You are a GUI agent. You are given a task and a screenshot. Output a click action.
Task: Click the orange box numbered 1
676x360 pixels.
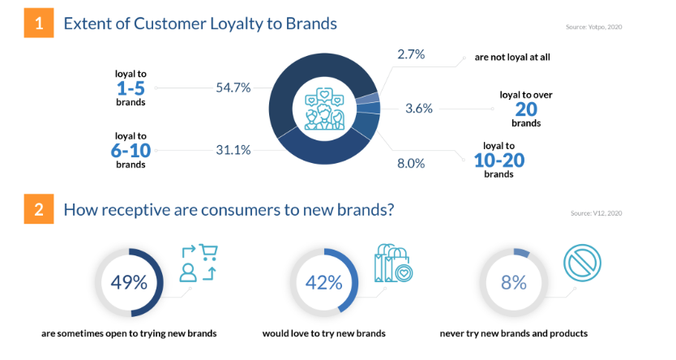(39, 23)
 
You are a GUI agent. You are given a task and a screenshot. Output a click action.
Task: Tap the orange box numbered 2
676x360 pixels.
(39, 209)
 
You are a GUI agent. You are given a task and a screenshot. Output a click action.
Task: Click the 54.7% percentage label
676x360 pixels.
(233, 88)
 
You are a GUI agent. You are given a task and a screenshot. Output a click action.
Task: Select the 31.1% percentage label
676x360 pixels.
(233, 150)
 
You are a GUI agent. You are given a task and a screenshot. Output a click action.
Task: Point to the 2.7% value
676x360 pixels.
(411, 54)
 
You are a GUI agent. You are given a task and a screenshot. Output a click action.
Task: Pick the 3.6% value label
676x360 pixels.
(418, 108)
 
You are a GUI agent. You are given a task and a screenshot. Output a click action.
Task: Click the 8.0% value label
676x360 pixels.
(411, 164)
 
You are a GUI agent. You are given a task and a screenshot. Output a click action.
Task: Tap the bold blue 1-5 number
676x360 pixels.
(130, 88)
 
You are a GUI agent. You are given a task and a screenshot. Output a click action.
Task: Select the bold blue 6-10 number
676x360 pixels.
(130, 151)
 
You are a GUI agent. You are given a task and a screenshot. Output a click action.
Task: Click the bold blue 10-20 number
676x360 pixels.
(499, 161)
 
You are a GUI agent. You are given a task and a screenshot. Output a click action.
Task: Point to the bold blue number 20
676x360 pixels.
(526, 109)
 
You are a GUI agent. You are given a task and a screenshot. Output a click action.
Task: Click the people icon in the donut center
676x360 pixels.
(325, 109)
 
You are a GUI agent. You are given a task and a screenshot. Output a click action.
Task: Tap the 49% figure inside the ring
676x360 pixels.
(129, 283)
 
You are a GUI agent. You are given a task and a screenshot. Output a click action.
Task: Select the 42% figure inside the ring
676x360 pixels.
(323, 283)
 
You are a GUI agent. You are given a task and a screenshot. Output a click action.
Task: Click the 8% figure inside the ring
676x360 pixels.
(513, 283)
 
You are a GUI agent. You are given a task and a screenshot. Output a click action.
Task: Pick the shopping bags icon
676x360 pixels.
(393, 264)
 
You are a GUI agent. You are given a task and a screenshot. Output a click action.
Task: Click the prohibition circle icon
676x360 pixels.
(582, 263)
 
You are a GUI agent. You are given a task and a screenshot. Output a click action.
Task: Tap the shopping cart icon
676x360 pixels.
(209, 252)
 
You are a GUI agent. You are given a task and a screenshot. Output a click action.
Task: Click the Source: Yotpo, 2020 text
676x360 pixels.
(593, 27)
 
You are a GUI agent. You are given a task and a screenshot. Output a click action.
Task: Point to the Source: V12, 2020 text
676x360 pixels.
(597, 213)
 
